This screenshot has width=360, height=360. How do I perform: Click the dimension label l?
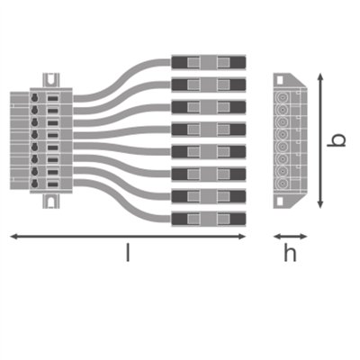click(127, 254)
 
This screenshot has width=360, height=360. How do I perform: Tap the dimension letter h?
click(290, 254)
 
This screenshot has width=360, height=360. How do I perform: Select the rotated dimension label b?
click(337, 141)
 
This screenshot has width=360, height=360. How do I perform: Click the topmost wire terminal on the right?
click(207, 62)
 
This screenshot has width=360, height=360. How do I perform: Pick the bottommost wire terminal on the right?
click(207, 218)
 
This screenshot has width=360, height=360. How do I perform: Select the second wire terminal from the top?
click(207, 85)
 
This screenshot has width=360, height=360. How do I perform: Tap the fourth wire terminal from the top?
click(207, 129)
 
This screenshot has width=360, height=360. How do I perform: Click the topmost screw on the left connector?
click(35, 96)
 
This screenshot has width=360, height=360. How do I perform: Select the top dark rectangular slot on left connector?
click(52, 97)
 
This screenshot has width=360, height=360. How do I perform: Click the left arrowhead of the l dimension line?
click(12, 236)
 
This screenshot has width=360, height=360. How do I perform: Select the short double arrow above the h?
click(289, 237)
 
